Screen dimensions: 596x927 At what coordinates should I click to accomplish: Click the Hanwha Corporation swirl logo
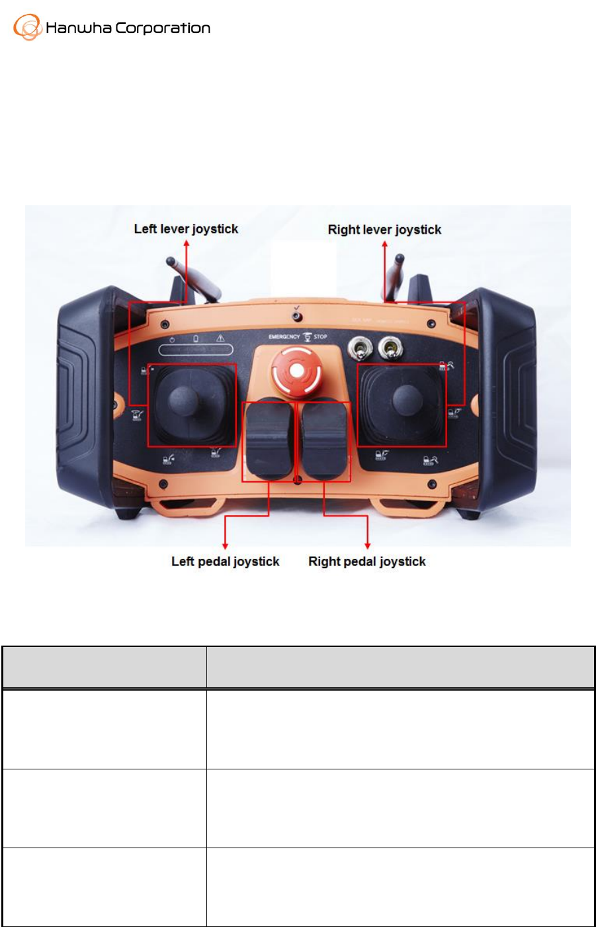tap(27, 28)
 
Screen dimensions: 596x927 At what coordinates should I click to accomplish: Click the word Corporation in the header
tap(163, 28)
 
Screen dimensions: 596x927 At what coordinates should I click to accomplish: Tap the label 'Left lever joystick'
tap(186, 229)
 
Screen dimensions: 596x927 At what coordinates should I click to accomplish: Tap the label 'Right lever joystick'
tap(384, 230)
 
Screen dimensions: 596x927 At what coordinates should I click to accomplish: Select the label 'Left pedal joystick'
tap(225, 561)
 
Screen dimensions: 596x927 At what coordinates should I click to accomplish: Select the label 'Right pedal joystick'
tap(367, 561)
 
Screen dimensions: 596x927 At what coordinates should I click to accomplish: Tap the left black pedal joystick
tap(269, 438)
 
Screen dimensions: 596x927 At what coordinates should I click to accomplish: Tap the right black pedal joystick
tap(324, 438)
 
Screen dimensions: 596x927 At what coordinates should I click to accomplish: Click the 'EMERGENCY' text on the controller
tap(284, 337)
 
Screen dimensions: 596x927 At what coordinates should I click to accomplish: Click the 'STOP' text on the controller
tap(321, 337)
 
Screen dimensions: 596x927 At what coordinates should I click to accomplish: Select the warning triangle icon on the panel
tap(220, 339)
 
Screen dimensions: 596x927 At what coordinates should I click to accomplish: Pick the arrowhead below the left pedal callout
tap(226, 545)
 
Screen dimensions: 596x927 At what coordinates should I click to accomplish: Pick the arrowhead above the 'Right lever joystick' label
tap(384, 245)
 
